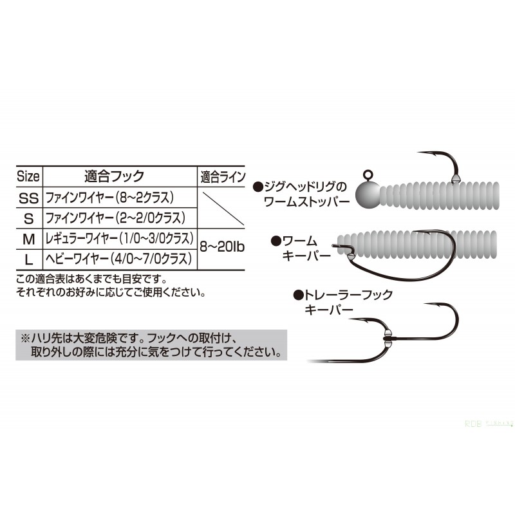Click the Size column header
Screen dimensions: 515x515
pos(28,176)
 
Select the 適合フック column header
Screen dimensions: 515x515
pos(115,176)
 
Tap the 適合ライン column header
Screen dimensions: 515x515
pos(223,177)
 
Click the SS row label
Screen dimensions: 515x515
pos(29,198)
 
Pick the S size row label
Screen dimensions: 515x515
pos(29,219)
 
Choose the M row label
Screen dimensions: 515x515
pos(29,239)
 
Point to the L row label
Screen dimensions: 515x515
pos(29,260)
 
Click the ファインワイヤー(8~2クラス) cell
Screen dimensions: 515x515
pos(109,198)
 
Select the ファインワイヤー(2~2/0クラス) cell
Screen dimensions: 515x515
pos(115,218)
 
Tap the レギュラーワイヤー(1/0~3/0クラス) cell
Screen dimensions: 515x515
pos(120,238)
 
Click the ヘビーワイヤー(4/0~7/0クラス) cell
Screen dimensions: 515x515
pos(118,259)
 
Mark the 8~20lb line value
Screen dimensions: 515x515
pos(222,247)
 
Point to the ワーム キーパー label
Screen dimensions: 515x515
pos(301,248)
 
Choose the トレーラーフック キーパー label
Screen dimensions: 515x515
pos(343,302)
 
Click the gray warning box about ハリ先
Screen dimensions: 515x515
pos(151,345)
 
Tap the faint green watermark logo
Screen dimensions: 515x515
pos(489,424)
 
